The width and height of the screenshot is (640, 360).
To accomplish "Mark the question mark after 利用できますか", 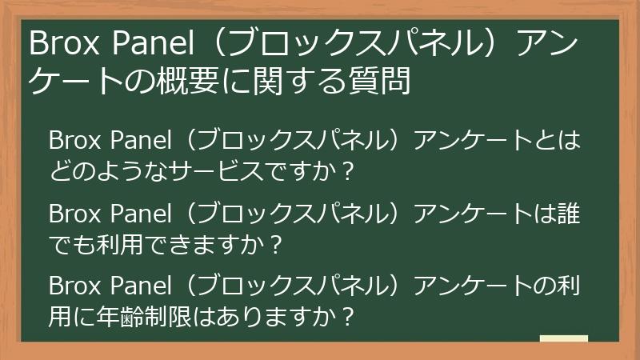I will click(277, 243).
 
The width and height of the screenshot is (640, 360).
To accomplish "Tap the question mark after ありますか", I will click(347, 315).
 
